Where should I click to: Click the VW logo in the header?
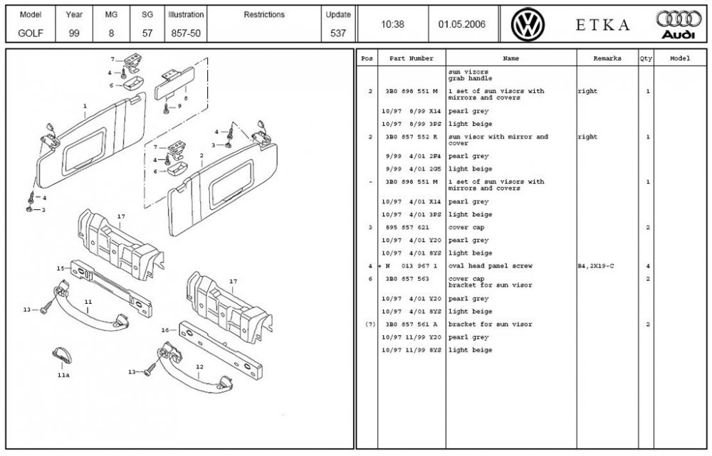528,24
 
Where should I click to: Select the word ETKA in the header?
602,25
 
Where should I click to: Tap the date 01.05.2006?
462,24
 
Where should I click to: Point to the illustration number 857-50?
186,33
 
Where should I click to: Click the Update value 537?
337,33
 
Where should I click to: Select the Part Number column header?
412,58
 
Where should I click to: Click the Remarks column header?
607,58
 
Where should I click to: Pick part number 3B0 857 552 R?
412,137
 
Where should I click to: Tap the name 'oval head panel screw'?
491,266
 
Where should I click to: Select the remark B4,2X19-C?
596,266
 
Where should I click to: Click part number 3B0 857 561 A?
412,324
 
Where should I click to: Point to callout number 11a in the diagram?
63,375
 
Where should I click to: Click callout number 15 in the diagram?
61,268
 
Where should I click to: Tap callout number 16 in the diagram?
165,330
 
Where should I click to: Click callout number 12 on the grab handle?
200,366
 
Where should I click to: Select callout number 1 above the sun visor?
85,106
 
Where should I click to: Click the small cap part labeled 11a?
62,356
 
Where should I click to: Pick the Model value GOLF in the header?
31,33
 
